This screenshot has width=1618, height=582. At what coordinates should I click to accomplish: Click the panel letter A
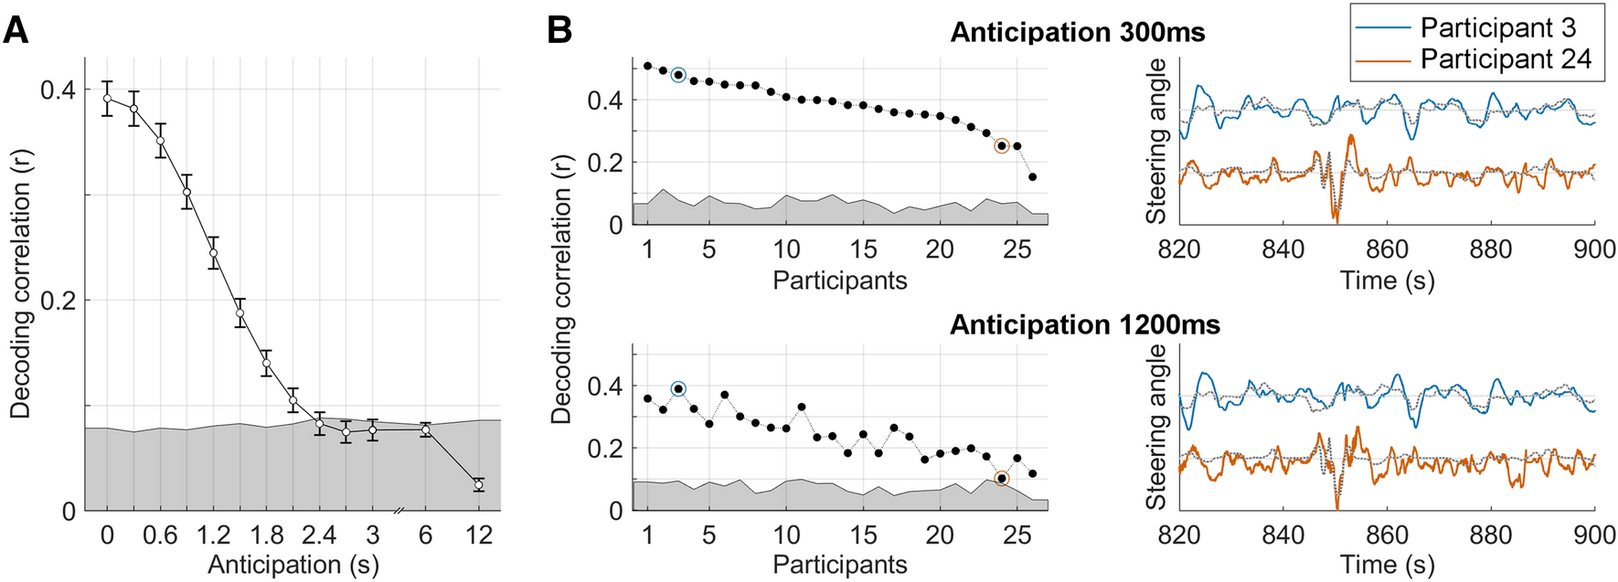click(x=16, y=30)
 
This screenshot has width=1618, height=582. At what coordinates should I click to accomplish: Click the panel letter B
click(x=559, y=30)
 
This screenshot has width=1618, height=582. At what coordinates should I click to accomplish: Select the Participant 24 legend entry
click(x=1505, y=59)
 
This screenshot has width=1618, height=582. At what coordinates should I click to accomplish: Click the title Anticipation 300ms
click(x=1078, y=32)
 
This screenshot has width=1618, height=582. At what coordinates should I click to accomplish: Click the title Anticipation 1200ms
click(x=1084, y=324)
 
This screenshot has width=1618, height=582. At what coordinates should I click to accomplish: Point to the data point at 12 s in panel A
click(x=478, y=484)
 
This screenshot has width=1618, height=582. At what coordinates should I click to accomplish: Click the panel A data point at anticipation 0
click(x=107, y=99)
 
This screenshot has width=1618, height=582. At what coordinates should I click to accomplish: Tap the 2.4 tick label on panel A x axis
click(x=320, y=534)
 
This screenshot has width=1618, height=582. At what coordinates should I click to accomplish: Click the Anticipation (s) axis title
click(x=293, y=565)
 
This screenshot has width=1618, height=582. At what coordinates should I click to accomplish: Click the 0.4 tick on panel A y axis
click(x=58, y=90)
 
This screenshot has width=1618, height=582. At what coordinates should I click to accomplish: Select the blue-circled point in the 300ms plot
click(x=678, y=75)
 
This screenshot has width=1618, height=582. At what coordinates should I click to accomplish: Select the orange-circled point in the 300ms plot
click(x=1002, y=145)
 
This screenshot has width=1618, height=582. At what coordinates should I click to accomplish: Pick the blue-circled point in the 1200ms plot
click(x=678, y=388)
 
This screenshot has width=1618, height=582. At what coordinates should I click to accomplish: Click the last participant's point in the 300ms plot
click(x=1033, y=176)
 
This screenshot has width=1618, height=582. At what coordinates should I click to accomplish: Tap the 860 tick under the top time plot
click(x=1387, y=249)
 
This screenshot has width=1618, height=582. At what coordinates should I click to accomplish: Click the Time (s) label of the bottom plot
click(x=1387, y=565)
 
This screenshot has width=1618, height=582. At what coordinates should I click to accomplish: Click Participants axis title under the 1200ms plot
click(x=839, y=565)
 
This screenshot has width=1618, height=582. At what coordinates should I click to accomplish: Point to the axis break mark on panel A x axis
click(x=399, y=512)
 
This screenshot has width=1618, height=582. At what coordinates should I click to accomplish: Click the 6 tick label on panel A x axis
click(x=425, y=534)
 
